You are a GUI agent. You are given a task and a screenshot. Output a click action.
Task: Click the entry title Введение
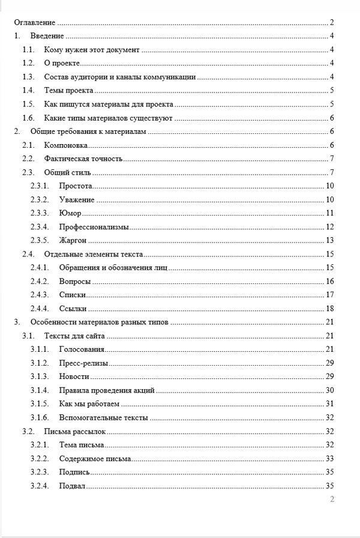(47, 37)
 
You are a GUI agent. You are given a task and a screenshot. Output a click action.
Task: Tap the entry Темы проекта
(68, 91)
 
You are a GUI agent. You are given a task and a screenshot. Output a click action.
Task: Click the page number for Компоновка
(331, 145)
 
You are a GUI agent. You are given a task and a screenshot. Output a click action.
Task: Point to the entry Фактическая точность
(83, 159)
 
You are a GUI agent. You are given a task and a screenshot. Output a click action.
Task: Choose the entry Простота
(76, 186)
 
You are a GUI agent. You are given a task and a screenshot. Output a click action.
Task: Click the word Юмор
(70, 213)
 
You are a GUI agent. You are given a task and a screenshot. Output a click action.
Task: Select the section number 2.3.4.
(40, 227)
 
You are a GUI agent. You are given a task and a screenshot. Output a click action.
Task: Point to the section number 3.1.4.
(40, 390)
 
